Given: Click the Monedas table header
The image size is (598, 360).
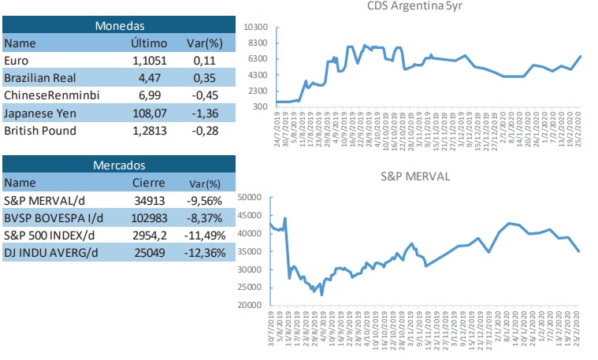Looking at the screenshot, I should tap(119, 26).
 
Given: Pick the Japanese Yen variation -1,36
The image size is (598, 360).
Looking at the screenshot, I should tap(208, 113).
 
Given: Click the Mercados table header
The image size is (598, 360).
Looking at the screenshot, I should tap(119, 165).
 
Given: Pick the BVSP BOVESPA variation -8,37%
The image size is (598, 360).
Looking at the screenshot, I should tap(208, 217).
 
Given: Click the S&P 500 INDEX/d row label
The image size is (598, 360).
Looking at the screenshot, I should tap(49, 235).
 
